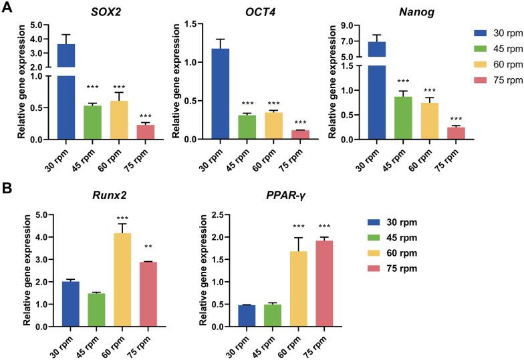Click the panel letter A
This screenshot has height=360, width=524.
(x=7, y=8)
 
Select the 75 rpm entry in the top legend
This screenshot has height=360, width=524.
(x=491, y=80)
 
